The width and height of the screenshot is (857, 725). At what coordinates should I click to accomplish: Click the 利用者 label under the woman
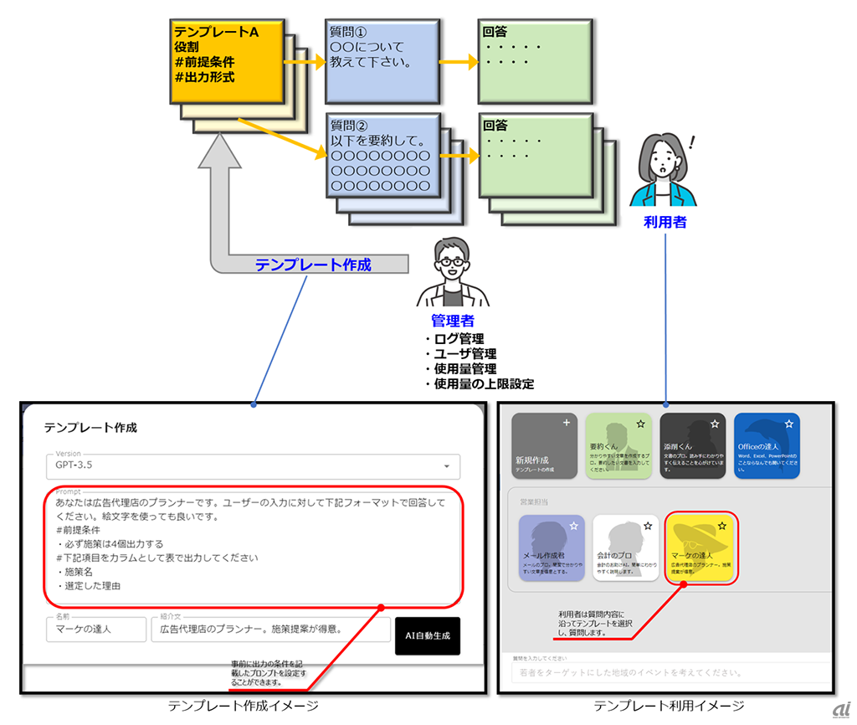tap(665, 222)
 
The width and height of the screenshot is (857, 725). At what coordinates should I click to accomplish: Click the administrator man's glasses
tap(453, 261)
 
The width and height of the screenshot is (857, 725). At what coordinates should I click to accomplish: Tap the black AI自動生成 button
tap(427, 635)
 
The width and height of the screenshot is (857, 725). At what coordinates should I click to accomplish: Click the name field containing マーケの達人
tap(95, 629)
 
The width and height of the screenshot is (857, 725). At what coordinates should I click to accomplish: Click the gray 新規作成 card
tap(544, 445)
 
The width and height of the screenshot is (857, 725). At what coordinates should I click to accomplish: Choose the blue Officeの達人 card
tap(766, 445)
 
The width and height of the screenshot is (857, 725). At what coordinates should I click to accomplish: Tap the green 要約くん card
tap(618, 445)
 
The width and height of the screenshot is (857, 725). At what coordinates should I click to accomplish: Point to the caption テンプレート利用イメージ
tap(669, 706)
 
